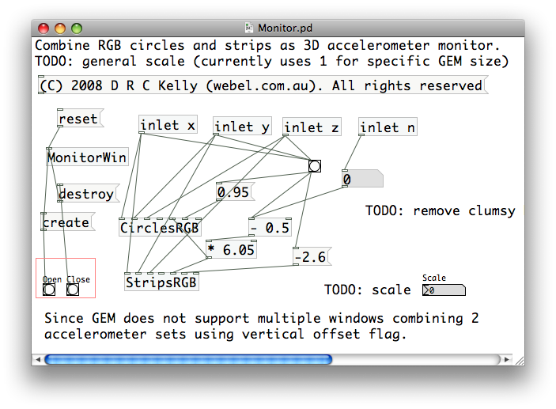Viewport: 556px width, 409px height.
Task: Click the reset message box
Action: click(78, 119)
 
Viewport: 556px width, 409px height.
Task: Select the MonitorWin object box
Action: click(87, 157)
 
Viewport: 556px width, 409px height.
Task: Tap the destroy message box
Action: click(87, 193)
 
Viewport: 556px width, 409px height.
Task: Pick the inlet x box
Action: click(168, 125)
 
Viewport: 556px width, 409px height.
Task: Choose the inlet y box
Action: click(242, 127)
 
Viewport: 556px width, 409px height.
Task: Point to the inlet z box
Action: click(312, 127)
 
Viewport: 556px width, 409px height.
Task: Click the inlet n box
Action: click(388, 127)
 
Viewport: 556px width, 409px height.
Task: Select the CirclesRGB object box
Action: click(159, 228)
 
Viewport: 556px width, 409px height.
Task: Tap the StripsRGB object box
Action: click(161, 282)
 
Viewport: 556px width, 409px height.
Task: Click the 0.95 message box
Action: click(233, 192)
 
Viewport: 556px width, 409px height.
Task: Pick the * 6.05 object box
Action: click(231, 250)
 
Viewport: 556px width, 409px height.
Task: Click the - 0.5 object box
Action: click(269, 228)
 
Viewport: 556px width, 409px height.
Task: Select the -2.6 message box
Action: click(310, 256)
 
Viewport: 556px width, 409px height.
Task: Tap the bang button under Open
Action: click(49, 290)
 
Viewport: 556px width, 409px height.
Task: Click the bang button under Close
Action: click(73, 290)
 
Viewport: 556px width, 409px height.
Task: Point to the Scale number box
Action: click(443, 290)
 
